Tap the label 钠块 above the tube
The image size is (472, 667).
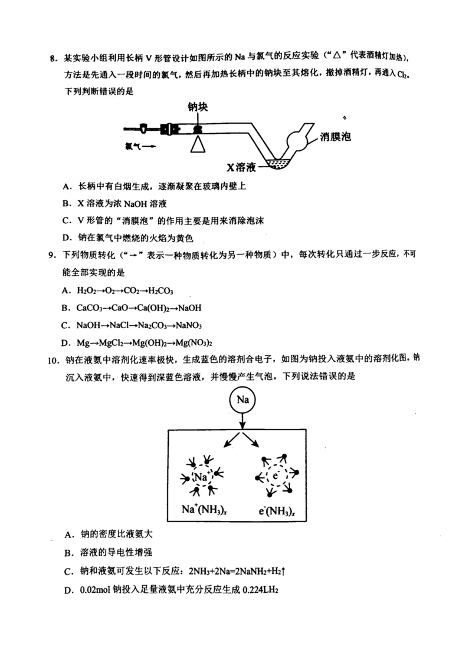(x=198, y=107)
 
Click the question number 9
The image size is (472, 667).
(x=52, y=255)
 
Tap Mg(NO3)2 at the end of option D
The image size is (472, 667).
(x=192, y=342)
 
